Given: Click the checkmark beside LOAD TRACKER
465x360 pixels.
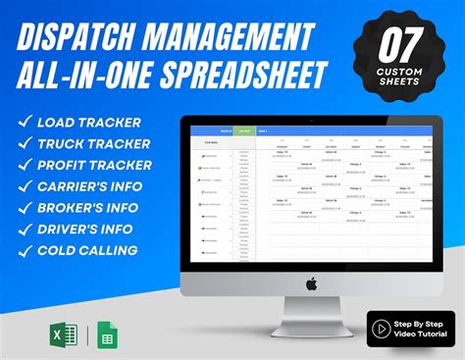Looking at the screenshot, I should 23,123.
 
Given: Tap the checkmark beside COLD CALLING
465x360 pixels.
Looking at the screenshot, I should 23,251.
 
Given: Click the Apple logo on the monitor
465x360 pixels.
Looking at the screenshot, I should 311,283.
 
